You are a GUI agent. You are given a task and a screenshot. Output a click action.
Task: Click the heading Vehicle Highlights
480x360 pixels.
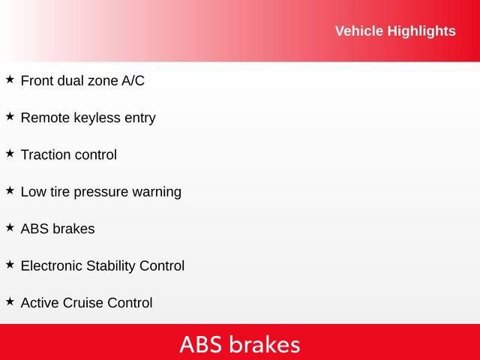pyautogui.click(x=394, y=31)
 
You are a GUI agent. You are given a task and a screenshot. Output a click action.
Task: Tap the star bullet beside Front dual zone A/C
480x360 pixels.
pyautogui.click(x=10, y=79)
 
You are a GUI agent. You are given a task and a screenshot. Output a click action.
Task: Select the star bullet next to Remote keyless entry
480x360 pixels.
pyautogui.click(x=10, y=116)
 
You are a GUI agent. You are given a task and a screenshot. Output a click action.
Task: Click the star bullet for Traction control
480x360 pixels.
pyautogui.click(x=10, y=154)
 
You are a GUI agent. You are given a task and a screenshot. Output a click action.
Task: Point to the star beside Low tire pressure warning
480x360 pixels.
pyautogui.click(x=10, y=190)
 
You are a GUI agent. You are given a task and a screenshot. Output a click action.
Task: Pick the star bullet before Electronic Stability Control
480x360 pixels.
pyautogui.click(x=10, y=265)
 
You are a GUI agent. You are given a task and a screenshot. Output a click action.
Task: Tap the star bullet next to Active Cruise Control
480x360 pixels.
pyautogui.click(x=10, y=301)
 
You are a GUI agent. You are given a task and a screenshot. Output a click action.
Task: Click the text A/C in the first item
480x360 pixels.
pyautogui.click(x=133, y=81)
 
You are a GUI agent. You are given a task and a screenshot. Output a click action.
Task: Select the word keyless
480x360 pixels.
pyautogui.click(x=93, y=118)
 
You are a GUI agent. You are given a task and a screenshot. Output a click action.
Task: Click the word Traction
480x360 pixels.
pyautogui.click(x=44, y=155)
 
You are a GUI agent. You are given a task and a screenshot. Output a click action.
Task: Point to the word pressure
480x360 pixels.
pyautogui.click(x=103, y=192)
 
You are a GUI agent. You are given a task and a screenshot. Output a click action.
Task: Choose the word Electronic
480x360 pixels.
pyautogui.click(x=52, y=265)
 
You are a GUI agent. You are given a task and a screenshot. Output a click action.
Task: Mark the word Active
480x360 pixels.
pyautogui.click(x=38, y=303)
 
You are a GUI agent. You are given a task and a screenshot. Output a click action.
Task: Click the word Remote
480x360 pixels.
pyautogui.click(x=43, y=118)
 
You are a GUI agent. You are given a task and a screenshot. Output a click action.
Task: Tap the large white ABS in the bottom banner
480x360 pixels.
pyautogui.click(x=202, y=344)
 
